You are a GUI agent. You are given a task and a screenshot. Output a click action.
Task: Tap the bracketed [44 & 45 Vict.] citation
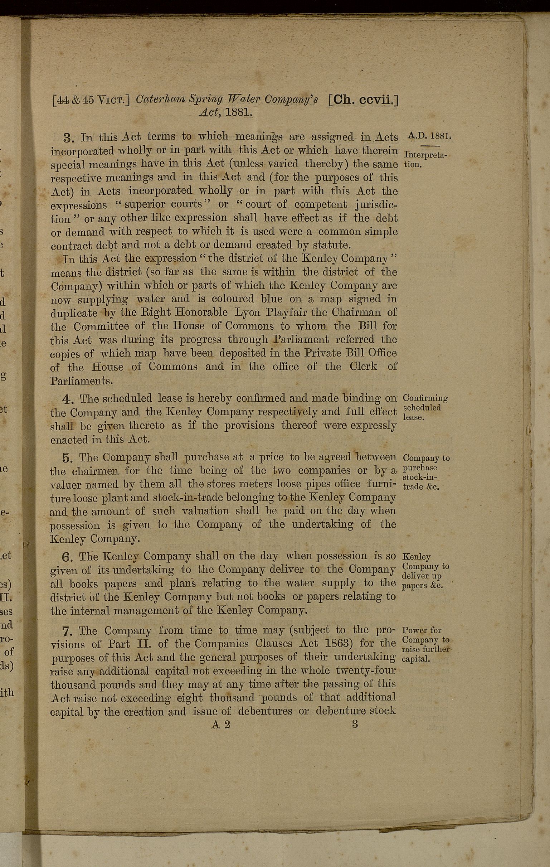(91, 100)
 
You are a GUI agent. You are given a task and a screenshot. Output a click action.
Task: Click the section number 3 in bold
(68, 138)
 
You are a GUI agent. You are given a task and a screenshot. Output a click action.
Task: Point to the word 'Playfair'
(285, 313)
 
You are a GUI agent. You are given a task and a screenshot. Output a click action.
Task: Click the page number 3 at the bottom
(355, 725)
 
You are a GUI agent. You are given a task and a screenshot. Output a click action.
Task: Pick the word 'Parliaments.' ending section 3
(81, 381)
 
